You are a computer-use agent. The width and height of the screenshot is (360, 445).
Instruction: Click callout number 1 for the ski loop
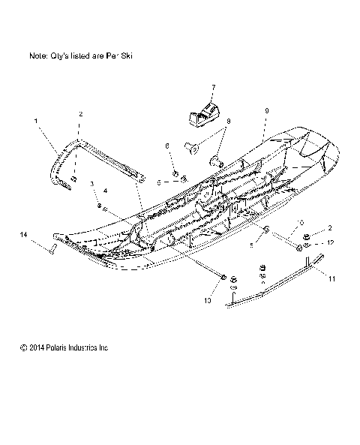pyautogui.click(x=35, y=119)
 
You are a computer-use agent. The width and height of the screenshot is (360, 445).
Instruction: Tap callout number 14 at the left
pyautogui.click(x=24, y=235)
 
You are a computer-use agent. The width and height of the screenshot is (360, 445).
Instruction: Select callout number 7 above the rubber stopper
pyautogui.click(x=212, y=87)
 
